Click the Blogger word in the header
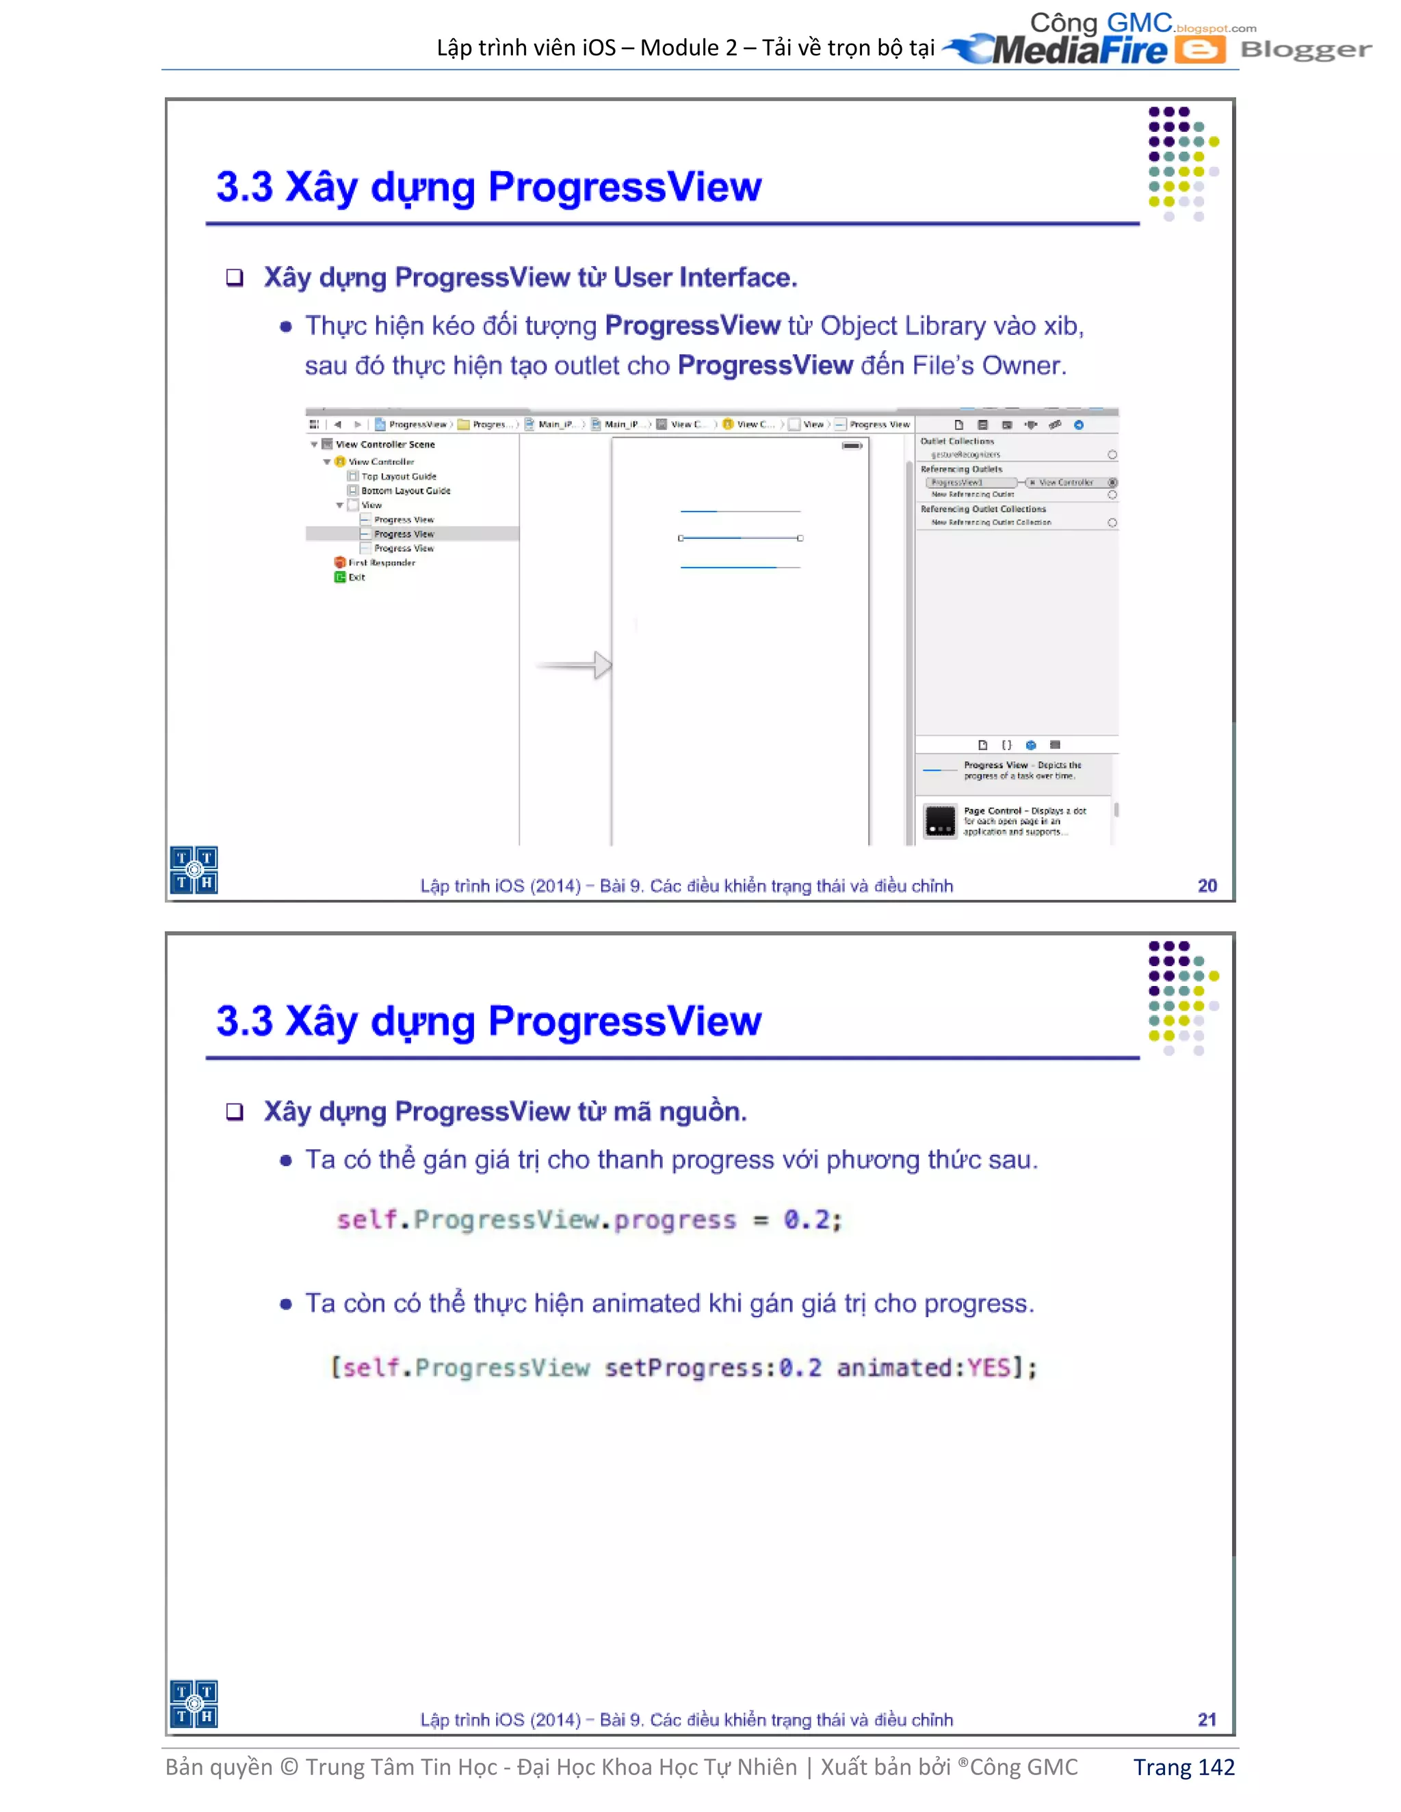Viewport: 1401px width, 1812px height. coord(1305,50)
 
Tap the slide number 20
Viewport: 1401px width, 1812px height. coord(1207,885)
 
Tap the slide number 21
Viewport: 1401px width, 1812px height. coord(1207,1720)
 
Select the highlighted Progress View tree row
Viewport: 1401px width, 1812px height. coord(404,534)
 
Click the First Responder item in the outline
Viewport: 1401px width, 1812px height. coord(381,563)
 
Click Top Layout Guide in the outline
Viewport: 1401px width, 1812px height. coord(398,476)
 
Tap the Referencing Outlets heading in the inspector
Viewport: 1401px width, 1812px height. coord(961,469)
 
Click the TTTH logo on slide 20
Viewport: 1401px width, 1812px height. coord(194,870)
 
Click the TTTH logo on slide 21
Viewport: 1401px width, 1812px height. coord(194,1704)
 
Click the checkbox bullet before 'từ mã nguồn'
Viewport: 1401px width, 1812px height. coord(235,1112)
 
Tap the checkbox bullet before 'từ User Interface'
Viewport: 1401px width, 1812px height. coord(235,277)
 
